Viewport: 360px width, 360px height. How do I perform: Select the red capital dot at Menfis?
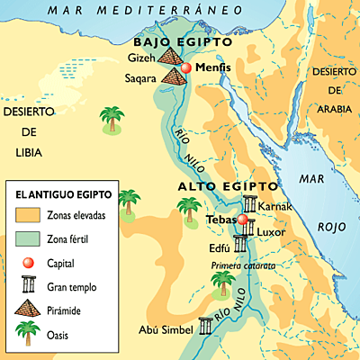point(186,67)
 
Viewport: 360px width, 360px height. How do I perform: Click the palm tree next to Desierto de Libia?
point(111,120)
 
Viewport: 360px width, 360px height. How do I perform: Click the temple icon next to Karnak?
point(249,204)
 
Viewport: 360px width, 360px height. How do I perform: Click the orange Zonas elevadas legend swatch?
point(28,217)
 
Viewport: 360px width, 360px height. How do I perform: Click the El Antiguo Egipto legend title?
point(58,193)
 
